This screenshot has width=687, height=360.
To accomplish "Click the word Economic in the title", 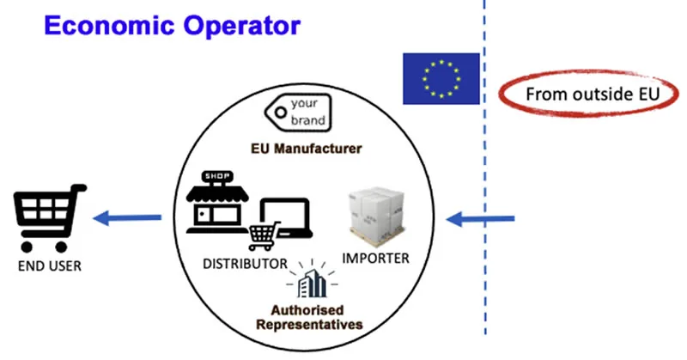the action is [109, 25].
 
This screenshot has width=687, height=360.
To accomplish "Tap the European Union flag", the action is [441, 78].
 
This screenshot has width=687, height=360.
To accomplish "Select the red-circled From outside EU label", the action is [588, 94].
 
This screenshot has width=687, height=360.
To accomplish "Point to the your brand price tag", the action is [298, 113].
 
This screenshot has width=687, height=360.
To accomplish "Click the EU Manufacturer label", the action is [307, 149].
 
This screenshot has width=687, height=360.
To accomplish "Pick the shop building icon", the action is [217, 202].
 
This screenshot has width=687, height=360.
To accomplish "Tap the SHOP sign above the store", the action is [217, 176].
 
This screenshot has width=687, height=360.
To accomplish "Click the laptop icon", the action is [286, 218].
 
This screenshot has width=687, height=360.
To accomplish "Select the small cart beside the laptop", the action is [264, 235].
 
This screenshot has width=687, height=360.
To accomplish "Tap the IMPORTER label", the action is [375, 258].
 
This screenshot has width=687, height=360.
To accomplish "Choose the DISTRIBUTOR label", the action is [245, 264].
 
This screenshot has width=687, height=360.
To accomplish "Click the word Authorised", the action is [307, 310].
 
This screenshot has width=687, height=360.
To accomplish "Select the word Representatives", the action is [309, 325].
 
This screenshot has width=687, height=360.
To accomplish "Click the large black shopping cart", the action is [49, 218].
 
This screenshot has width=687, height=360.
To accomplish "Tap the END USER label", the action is [50, 265].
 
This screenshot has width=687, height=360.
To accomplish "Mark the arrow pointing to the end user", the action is [127, 217].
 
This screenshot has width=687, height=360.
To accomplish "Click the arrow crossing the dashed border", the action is [480, 218].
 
